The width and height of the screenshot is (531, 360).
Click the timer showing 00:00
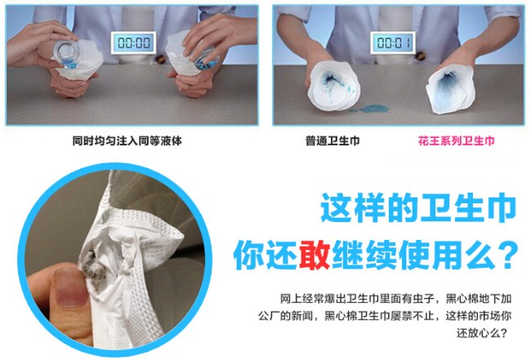[x=134, y=43]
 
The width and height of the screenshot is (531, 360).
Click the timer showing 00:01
[x=393, y=43]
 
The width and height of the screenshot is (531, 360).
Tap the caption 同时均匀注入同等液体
[x=127, y=140]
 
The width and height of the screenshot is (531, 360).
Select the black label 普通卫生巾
[x=332, y=140]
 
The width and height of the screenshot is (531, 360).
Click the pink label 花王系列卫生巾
[x=456, y=140]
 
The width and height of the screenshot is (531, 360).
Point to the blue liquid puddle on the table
[x=371, y=109]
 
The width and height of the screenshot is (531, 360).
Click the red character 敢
[x=315, y=255]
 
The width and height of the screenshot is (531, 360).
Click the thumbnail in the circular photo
[x=69, y=287]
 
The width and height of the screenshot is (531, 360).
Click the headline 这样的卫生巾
[x=418, y=207]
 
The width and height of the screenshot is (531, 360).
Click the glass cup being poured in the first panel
[x=67, y=53]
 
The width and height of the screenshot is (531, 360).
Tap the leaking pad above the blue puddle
[x=333, y=86]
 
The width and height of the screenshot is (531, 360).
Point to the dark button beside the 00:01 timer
[x=420, y=56]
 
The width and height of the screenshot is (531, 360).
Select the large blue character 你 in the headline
[x=248, y=255]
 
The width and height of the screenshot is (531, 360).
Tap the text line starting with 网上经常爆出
[x=395, y=299]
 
